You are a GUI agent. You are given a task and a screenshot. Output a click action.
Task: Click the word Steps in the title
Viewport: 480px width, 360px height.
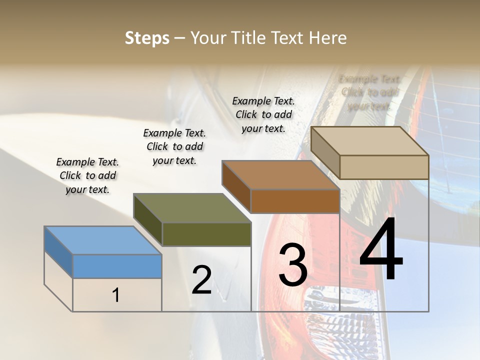147,38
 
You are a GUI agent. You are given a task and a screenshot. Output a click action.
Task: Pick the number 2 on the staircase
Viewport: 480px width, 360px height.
201,280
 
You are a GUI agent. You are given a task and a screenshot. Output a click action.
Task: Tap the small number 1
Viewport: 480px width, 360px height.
116,295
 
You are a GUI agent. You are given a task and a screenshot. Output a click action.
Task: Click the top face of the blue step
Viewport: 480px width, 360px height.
102,240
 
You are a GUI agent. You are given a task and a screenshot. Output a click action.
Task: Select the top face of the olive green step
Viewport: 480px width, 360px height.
192,208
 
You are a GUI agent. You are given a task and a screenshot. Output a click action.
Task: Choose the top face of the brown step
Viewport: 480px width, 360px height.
281,175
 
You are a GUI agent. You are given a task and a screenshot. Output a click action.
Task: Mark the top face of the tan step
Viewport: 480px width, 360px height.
369,141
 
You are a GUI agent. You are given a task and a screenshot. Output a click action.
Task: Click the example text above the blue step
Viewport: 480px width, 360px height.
87,175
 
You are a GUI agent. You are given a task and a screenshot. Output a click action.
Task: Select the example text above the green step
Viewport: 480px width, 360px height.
174,146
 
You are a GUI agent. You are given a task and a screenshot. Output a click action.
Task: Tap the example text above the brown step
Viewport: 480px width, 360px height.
263,114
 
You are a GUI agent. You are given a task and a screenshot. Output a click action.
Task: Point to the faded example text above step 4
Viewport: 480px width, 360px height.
369,92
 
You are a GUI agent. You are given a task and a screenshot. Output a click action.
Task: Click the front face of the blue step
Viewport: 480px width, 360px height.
117,266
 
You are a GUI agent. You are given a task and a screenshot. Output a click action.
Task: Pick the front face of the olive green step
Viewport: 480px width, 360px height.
206,234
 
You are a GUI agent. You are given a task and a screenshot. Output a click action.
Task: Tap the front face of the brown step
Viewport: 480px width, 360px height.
295,201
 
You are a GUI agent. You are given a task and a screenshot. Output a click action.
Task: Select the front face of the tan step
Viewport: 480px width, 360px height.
384,167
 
